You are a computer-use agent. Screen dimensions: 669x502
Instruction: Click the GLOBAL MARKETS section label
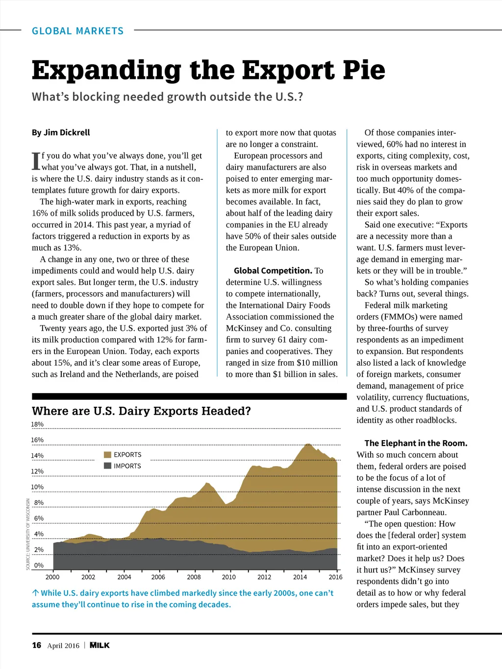77,31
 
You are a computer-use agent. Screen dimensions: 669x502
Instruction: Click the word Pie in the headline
364,70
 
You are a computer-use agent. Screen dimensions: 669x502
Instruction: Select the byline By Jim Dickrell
61,132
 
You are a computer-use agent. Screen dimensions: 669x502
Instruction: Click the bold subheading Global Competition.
273,271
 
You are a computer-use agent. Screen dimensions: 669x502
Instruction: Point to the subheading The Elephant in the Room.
416,443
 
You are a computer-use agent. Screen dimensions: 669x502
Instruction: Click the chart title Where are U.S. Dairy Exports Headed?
141,411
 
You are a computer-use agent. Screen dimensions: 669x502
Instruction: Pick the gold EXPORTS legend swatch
108,455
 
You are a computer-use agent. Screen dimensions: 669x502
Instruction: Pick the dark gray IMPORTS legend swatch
108,466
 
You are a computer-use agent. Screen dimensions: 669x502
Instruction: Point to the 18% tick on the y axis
37,424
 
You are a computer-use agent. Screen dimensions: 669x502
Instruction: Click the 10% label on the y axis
37,487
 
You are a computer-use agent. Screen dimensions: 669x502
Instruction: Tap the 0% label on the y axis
39,566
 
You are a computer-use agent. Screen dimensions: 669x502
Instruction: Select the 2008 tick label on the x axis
194,577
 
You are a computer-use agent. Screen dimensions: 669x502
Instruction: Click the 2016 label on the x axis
335,577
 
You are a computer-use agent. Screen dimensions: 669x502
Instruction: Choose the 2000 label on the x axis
52,577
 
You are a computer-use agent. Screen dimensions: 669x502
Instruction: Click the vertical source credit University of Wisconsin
28,534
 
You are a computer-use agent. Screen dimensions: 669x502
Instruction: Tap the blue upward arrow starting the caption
35,593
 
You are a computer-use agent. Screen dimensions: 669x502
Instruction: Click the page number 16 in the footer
37,645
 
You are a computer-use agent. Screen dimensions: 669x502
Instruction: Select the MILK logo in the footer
100,645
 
